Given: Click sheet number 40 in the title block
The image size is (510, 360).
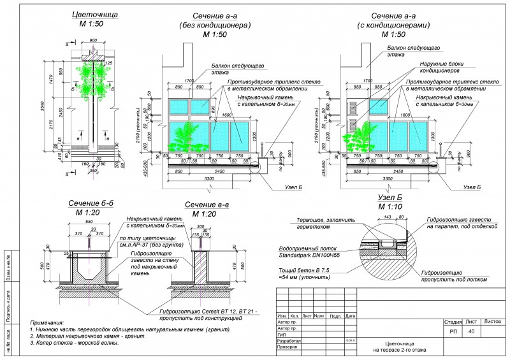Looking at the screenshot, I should click(x=470, y=331).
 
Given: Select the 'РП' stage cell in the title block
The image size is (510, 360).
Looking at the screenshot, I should click(x=452, y=331).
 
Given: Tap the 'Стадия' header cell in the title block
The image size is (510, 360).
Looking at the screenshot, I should click(x=452, y=323).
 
